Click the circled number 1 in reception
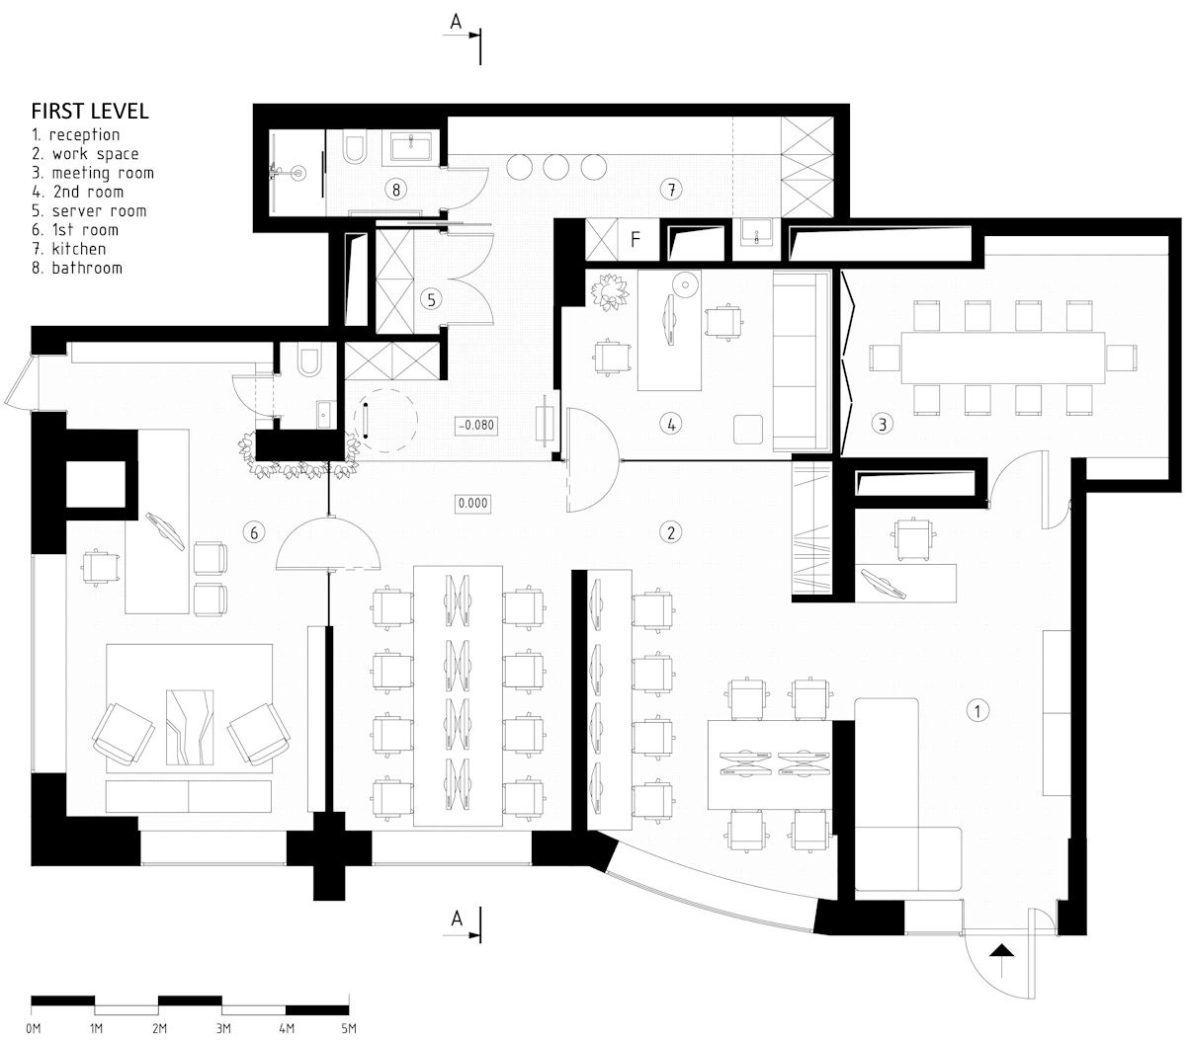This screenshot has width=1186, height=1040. pos(976,711)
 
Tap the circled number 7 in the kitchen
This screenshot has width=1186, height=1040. pos(671,189)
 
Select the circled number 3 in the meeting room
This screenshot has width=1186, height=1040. pos(883,424)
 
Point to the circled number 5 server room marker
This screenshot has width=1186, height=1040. pos(431,299)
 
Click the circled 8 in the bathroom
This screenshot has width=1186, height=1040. pos(396,189)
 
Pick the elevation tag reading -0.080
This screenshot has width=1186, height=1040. pos(476,426)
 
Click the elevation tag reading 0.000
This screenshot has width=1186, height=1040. pos(473,503)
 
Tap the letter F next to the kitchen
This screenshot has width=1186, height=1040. pos(635,239)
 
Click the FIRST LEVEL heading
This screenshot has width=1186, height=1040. pos(90,112)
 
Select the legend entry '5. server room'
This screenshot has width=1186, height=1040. pos(88,210)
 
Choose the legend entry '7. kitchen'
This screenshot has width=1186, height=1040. pos(68,249)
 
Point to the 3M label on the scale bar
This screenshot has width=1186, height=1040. pos(223,1028)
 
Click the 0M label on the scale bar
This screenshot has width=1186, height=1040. pos(34,1028)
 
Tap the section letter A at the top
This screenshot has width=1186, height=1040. pos(456,23)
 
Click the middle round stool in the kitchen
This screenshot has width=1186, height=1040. pos(555,167)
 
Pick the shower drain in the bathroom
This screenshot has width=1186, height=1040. pos(299,173)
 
